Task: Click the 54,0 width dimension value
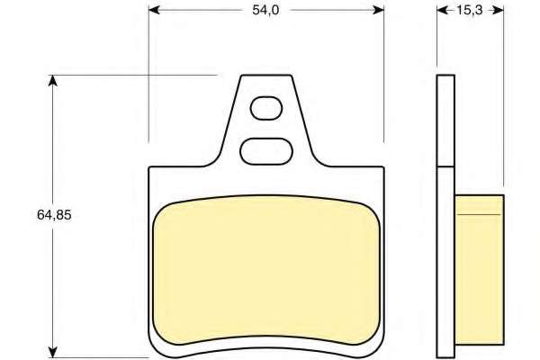coord(265,10)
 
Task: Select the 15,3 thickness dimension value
coord(470,11)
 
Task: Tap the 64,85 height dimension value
coord(54,215)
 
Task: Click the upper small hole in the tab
coord(266,109)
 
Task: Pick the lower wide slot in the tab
coord(266,151)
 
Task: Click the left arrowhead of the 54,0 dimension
coord(154,10)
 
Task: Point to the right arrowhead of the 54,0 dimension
coord(379,10)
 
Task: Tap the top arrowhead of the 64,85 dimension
coord(52,80)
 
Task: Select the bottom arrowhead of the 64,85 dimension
coord(52,352)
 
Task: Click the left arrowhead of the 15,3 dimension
coord(443,11)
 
